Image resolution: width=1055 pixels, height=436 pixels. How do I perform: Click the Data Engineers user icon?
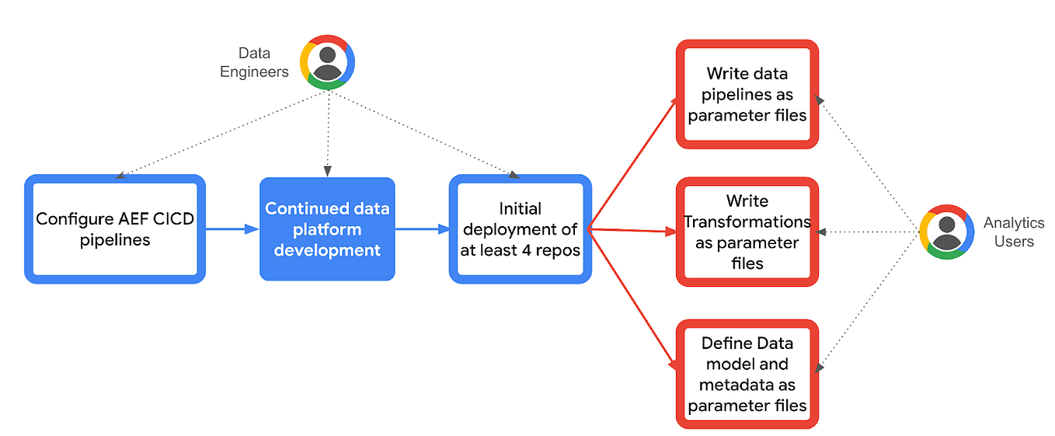[328, 62]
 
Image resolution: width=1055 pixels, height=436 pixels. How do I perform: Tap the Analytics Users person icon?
[946, 232]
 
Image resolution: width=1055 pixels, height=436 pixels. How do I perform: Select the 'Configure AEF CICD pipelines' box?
[115, 228]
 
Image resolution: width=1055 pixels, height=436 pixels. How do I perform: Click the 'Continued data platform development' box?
[327, 229]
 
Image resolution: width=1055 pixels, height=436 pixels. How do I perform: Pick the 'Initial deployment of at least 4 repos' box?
[520, 229]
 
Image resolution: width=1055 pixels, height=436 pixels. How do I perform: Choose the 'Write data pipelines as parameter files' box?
[747, 94]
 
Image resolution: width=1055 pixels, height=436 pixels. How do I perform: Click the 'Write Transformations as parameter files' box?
[747, 232]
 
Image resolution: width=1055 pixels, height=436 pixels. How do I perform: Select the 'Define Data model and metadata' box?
[747, 374]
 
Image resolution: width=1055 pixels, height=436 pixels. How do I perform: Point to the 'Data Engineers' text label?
[254, 63]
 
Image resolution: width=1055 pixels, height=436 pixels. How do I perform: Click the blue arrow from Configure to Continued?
[232, 228]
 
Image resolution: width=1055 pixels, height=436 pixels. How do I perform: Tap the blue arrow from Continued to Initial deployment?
[423, 228]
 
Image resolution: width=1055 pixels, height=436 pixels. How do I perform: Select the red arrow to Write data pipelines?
[633, 164]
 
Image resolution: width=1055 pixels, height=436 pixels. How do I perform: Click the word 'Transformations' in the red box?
[747, 221]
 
